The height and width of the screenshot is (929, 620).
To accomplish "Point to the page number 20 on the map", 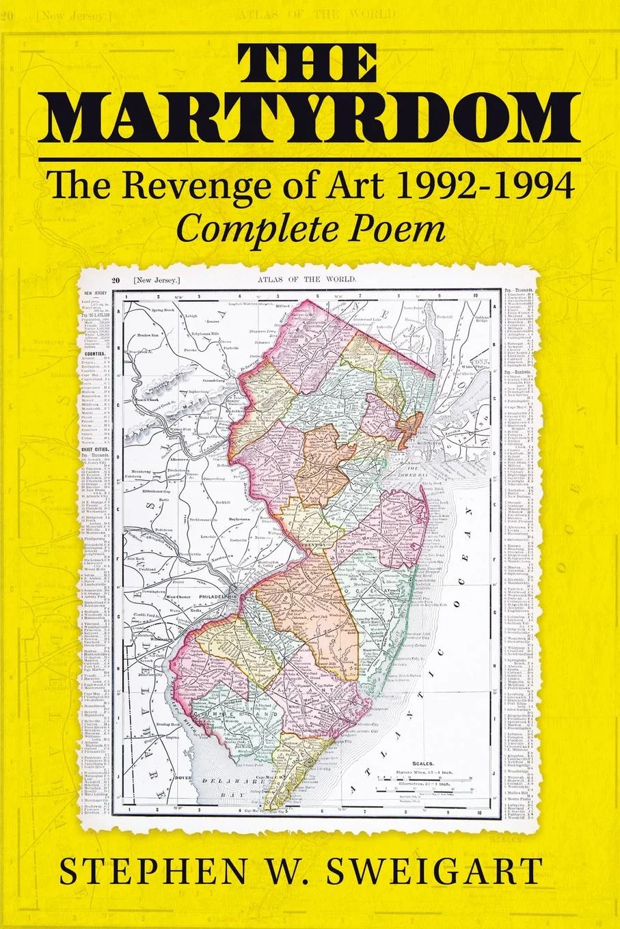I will pos(116,281).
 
